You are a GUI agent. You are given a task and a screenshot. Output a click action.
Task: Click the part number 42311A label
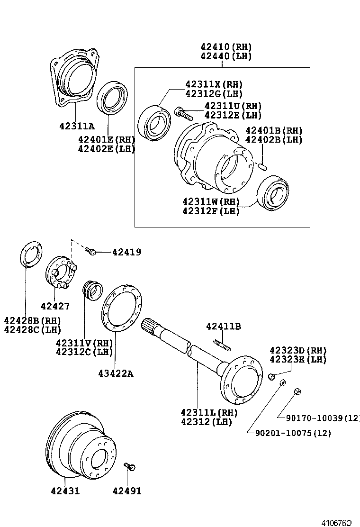point(77,126)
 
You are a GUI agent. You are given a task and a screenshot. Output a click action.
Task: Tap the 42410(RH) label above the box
point(225,47)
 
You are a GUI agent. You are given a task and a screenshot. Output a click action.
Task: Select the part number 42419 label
point(126,253)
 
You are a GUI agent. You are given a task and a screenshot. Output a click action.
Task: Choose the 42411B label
point(224,326)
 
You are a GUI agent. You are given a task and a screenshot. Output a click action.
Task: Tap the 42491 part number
point(126,491)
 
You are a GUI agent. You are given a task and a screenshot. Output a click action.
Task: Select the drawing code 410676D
point(337,523)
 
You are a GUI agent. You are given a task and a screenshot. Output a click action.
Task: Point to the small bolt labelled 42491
point(129,467)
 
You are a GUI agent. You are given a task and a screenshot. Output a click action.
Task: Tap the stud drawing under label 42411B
point(222,345)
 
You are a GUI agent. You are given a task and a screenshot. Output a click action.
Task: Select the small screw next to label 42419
point(91,251)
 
